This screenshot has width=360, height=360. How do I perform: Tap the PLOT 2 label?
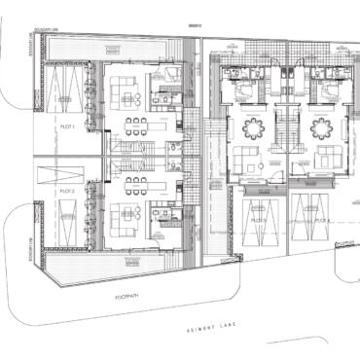[x=68, y=193]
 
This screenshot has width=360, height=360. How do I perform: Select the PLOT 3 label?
[x=257, y=221]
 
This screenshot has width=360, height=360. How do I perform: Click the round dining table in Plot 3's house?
[x=253, y=126]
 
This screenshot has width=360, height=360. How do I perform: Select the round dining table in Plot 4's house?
[x=321, y=126]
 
